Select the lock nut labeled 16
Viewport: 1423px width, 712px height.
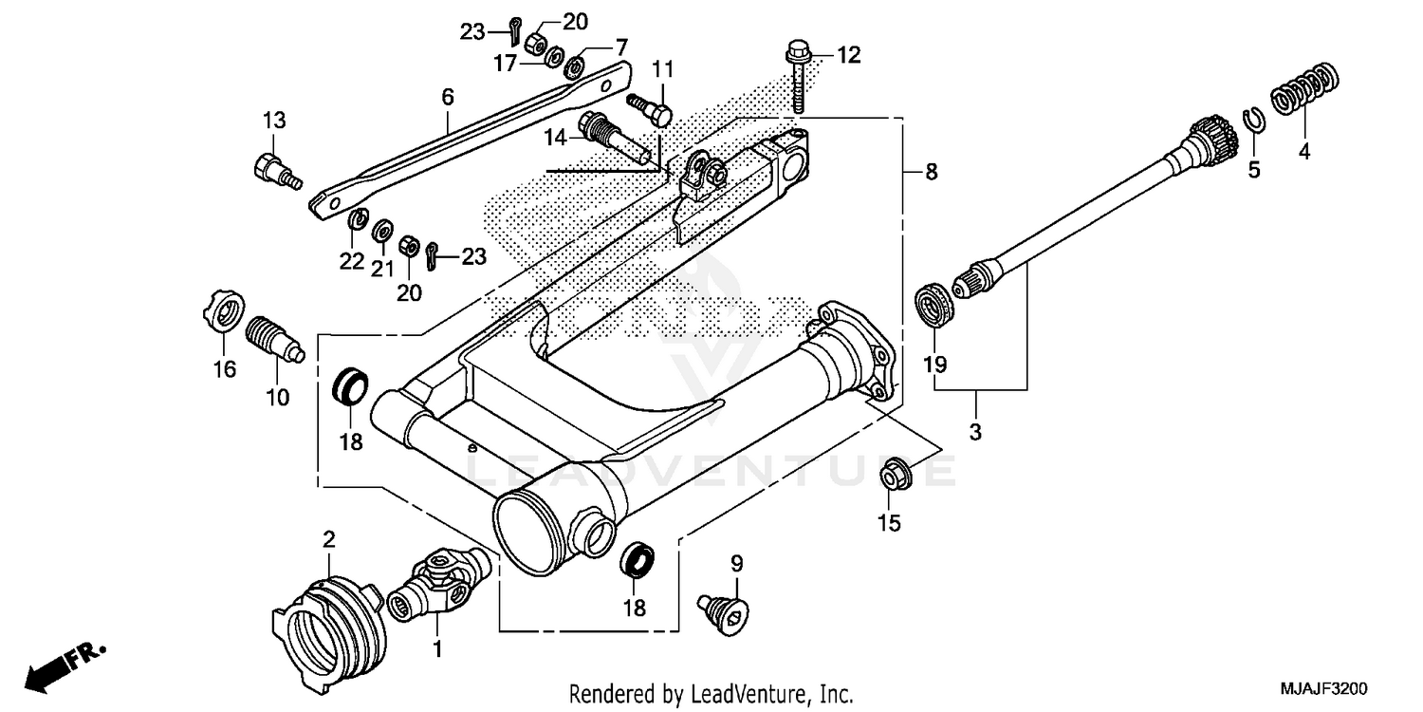pos(224,312)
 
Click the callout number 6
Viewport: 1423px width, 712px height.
pos(447,96)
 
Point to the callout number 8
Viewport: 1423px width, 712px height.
pos(931,172)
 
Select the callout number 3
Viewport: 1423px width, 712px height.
pos(975,432)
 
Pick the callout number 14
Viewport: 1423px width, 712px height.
pos(555,138)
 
